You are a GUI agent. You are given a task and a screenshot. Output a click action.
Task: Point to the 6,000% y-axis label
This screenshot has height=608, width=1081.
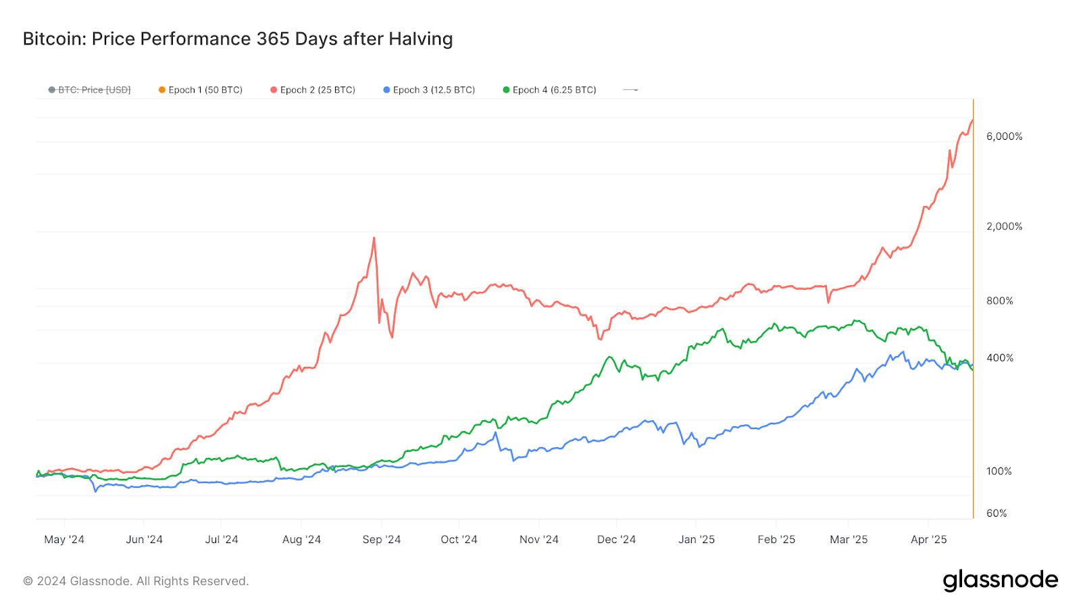tap(1004, 136)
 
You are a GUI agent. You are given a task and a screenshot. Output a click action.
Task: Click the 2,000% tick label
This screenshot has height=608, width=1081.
tap(1004, 226)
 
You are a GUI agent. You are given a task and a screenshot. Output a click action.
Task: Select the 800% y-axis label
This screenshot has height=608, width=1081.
tap(999, 301)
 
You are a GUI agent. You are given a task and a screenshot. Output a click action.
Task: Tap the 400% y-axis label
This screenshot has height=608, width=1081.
tap(999, 358)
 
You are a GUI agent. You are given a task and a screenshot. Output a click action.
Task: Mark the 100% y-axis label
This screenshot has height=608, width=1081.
tap(999, 472)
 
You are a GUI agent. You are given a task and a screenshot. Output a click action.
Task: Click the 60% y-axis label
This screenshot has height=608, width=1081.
tap(997, 513)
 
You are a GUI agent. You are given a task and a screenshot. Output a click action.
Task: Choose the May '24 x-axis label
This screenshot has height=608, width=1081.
tap(64, 540)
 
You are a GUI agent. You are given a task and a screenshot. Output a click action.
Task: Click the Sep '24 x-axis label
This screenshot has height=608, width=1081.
tap(382, 540)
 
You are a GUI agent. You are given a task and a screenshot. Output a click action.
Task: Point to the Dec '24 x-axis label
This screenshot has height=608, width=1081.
tap(616, 540)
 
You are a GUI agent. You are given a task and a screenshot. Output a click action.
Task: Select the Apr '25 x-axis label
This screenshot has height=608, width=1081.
tap(929, 540)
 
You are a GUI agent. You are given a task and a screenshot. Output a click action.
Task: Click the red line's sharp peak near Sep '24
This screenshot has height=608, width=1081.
tap(374, 238)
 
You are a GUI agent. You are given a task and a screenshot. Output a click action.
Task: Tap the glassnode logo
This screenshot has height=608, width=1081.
tap(1000, 580)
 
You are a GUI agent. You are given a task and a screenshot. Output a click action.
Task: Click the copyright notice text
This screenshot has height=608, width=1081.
tap(136, 581)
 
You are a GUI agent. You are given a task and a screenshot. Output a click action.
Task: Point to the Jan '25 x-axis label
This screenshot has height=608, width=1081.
tap(697, 540)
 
